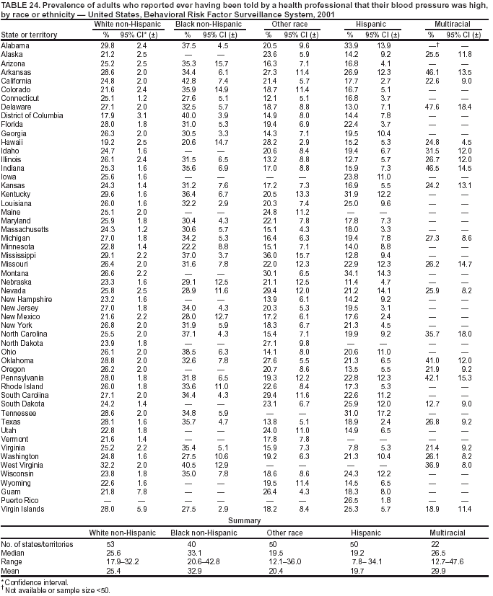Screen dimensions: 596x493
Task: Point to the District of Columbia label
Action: [33, 115]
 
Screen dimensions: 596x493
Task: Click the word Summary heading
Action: [245, 520]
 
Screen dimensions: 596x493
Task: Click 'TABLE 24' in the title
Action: [18, 5]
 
